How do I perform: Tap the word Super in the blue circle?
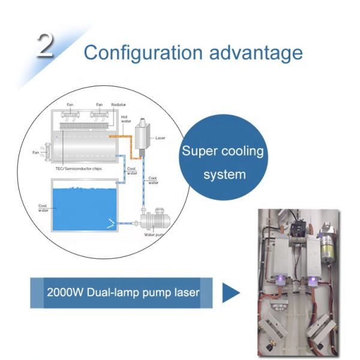point(201,151)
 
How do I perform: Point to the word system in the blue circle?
point(224,175)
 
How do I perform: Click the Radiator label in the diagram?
point(118,105)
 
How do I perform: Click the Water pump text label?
point(155,235)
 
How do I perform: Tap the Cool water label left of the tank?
point(43,209)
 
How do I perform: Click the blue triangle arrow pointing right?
point(230,293)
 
